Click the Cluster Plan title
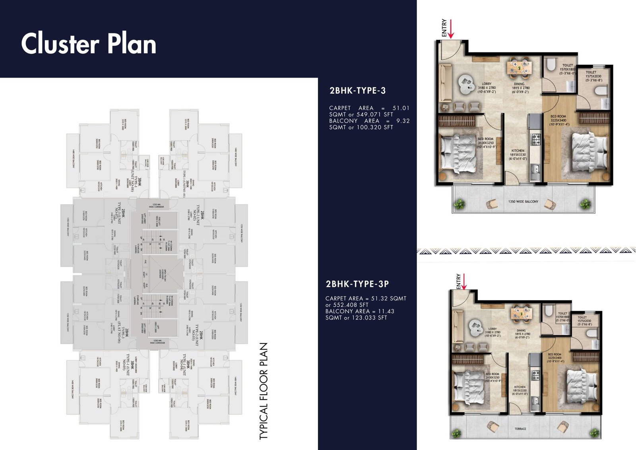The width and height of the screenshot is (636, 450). click(89, 44)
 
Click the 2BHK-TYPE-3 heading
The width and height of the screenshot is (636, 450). click(357, 91)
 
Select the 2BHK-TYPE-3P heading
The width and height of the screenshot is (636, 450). click(357, 284)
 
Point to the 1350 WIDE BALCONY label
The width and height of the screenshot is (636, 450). click(523, 202)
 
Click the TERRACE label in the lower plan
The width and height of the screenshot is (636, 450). click(520, 429)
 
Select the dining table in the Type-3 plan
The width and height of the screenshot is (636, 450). click(519, 67)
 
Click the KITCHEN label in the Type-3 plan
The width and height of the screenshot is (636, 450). click(518, 155)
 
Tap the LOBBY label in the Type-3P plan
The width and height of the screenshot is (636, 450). click(492, 332)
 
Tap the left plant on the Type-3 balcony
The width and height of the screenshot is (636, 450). click(460, 204)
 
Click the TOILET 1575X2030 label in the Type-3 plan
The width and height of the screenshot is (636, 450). click(593, 76)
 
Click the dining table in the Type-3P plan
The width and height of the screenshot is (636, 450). click(521, 313)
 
